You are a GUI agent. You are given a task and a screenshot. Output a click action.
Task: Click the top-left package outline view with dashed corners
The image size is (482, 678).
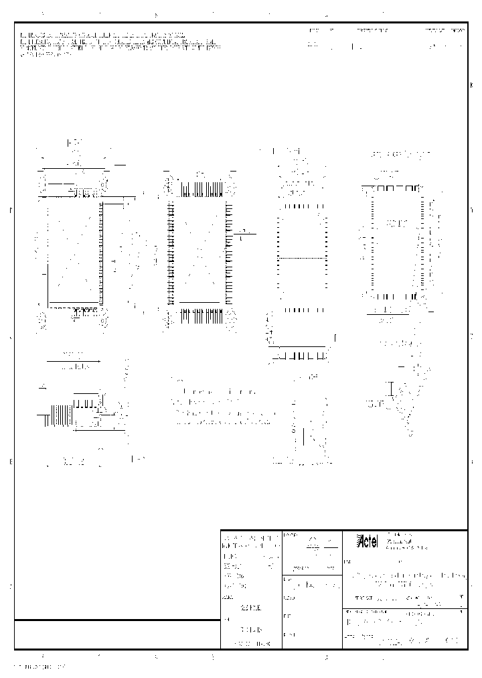[x=72, y=248]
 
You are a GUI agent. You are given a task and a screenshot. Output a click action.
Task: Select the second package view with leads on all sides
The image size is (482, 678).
[x=199, y=248]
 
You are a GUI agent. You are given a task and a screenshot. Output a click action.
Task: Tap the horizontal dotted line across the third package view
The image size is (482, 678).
[x=302, y=259]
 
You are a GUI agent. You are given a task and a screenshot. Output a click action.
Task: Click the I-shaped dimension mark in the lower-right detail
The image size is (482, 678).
[x=391, y=389]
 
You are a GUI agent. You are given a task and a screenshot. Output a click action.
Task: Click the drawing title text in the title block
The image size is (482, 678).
[x=406, y=580]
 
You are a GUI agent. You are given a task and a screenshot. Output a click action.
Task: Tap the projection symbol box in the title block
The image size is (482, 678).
[x=312, y=544]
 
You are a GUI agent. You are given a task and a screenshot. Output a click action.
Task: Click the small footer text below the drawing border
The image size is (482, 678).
[x=40, y=667]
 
